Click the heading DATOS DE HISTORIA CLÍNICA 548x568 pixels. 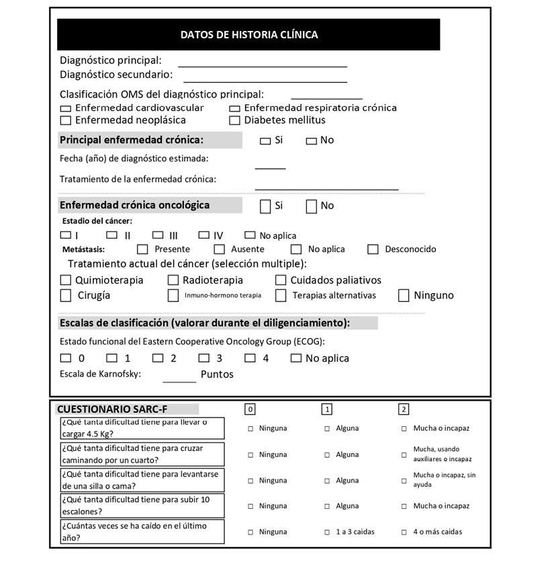tap(248, 35)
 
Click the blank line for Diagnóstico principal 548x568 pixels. tap(262, 65)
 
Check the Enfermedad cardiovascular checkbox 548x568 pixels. tap(65, 108)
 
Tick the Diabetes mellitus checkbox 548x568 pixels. tap(234, 121)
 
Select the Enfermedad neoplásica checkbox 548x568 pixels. tap(65, 121)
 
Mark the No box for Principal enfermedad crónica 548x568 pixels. tap(311, 141)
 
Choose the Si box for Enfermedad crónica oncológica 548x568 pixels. tap(265, 206)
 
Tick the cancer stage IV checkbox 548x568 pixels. tap(204, 235)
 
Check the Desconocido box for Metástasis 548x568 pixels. tap(373, 249)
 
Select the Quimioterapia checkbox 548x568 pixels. tap(65, 280)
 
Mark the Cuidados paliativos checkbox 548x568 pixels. tap(281, 280)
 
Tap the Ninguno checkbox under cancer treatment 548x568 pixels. tap(404, 295)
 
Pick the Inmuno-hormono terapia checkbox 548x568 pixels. tap(173, 295)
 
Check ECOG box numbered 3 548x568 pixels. tap(204, 358)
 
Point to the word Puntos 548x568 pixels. tap(217, 374)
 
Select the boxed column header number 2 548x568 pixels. tap(404, 409)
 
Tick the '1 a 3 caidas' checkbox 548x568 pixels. tap(328, 532)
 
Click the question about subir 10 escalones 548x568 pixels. tap(141, 505)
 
